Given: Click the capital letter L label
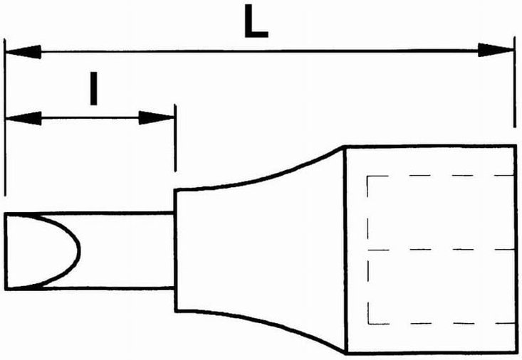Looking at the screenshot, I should [255, 24].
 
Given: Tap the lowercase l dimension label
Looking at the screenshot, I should [93, 90].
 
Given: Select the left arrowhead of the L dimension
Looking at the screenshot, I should [21, 51].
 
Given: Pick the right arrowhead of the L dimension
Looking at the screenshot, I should [496, 51].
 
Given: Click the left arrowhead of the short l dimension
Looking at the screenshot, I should [21, 117].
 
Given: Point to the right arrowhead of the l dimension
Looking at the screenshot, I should [157, 117].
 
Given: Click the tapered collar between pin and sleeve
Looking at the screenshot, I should [260, 250].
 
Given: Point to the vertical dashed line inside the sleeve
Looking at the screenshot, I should [367, 249].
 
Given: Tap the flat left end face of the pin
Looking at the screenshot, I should [6, 250].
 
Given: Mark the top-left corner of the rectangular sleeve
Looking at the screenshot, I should [345, 147].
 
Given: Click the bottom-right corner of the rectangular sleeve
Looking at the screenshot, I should [515, 353].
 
